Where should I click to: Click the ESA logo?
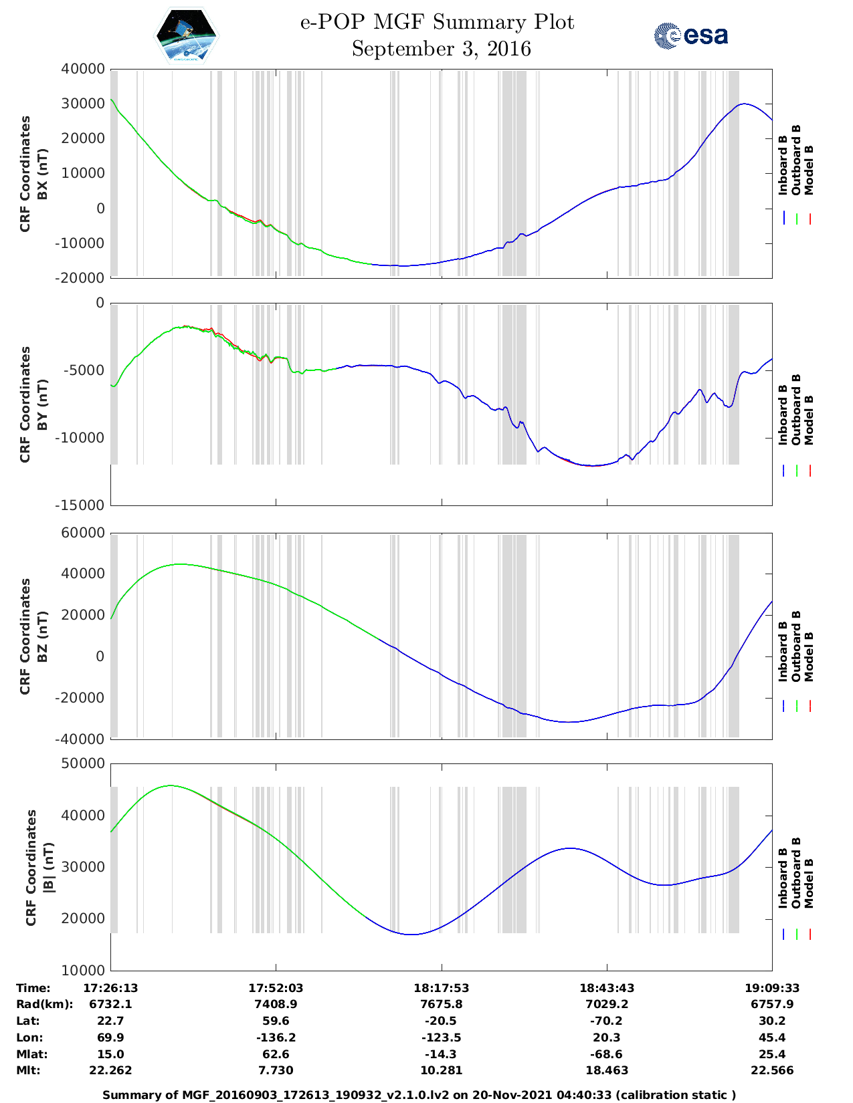[x=690, y=35]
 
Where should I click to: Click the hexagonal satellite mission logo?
[x=186, y=35]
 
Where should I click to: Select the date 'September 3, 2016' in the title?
[x=441, y=49]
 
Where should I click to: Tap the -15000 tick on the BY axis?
[x=82, y=505]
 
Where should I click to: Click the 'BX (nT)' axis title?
[x=42, y=174]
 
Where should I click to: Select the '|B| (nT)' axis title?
[x=48, y=868]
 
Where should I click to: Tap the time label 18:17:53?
[x=441, y=988]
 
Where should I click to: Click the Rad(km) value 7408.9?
[x=276, y=1004]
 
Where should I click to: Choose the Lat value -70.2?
[x=607, y=1021]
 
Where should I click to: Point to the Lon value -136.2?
[x=276, y=1037]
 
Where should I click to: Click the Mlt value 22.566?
[x=772, y=1070]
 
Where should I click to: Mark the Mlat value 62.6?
[x=276, y=1054]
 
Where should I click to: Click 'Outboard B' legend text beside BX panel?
[x=796, y=160]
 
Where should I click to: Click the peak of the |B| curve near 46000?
[x=171, y=785]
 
